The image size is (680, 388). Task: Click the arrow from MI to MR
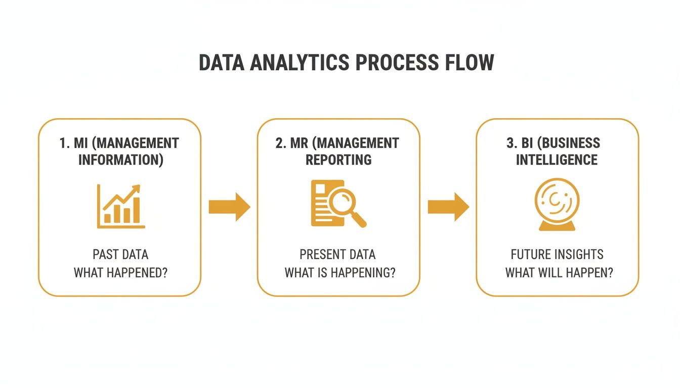(229, 207)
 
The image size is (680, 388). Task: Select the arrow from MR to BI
(448, 207)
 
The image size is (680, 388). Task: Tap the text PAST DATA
(120, 254)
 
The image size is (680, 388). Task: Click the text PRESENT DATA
(337, 254)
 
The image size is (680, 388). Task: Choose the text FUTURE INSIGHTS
(557, 254)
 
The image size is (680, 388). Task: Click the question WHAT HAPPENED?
(120, 273)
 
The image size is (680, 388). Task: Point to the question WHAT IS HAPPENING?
(340, 273)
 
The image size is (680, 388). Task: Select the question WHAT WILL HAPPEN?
(559, 273)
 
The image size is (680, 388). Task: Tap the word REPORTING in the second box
(338, 160)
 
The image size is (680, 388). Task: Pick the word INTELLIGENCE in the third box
(557, 160)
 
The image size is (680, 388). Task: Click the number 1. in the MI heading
(65, 143)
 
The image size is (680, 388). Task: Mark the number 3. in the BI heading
(511, 143)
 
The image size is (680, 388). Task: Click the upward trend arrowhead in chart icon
(136, 189)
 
